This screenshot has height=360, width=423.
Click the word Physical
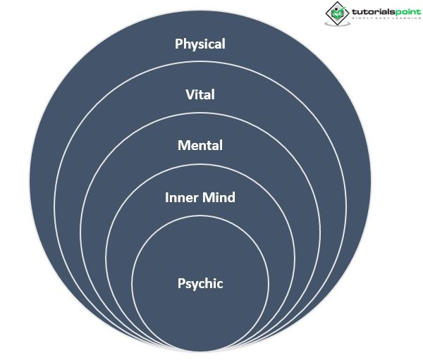[200, 44]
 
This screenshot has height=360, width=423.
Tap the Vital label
[200, 95]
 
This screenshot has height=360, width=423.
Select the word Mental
[200, 146]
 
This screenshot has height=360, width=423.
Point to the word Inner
[180, 197]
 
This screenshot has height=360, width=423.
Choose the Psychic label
[200, 284]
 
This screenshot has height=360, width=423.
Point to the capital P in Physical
[179, 44]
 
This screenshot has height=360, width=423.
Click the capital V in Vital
[189, 95]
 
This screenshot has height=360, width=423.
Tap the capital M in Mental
[183, 146]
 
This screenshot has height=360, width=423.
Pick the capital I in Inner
[167, 197]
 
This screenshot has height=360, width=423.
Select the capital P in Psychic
[181, 284]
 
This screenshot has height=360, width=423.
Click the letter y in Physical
[195, 45]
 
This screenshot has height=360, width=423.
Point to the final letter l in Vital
[213, 95]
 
